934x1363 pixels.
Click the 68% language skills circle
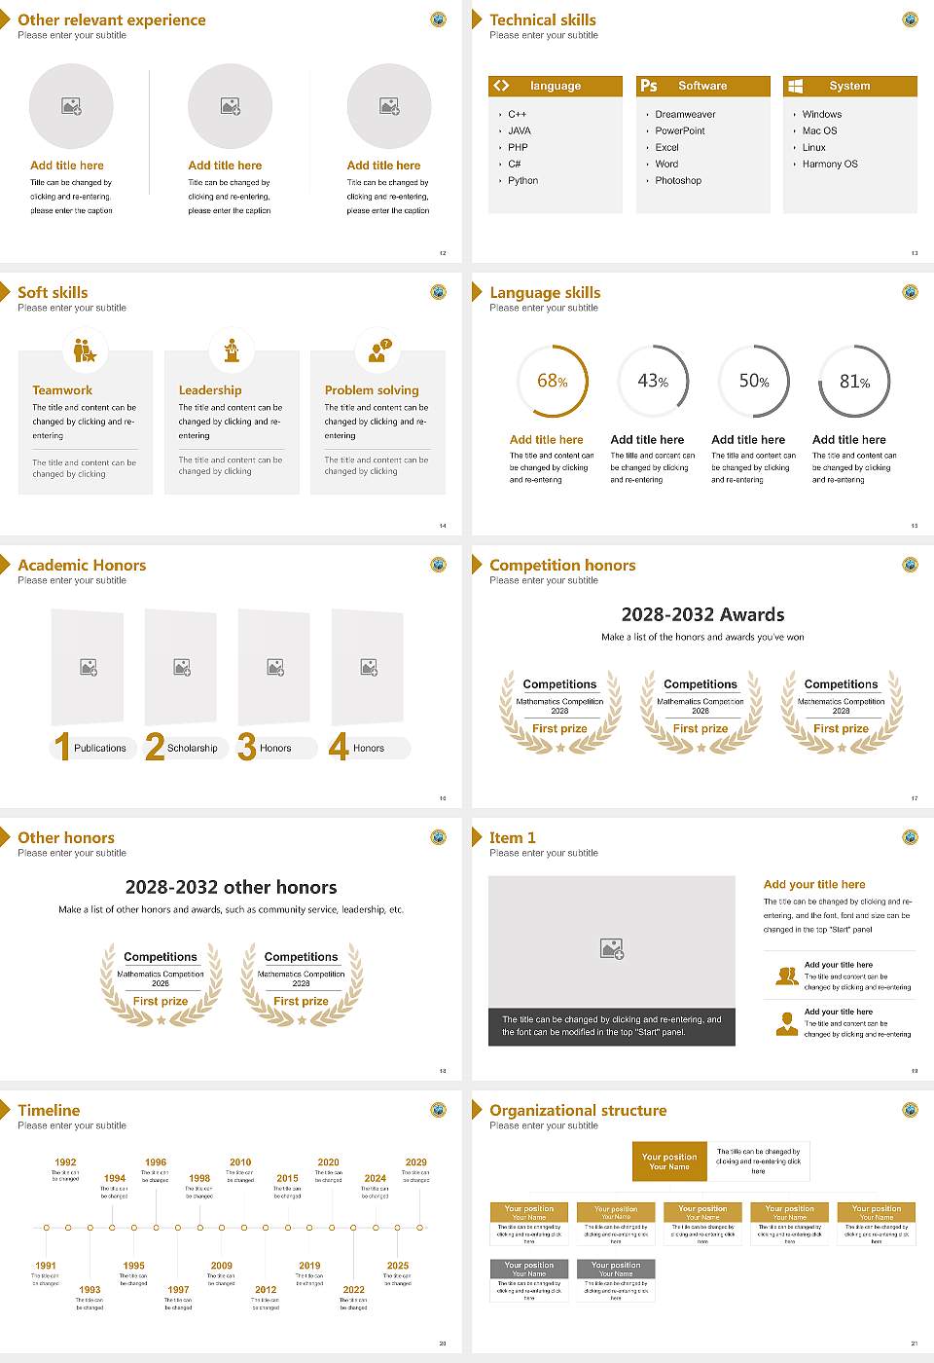pyautogui.click(x=552, y=382)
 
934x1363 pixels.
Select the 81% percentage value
pyautogui.click(x=854, y=382)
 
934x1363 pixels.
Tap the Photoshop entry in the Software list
pyautogui.click(x=678, y=181)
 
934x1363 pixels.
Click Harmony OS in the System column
pyautogui.click(x=830, y=165)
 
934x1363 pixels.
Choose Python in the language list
pyautogui.click(x=522, y=181)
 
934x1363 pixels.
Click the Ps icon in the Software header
pyautogui.click(x=649, y=86)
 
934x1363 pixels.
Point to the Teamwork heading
pyautogui.click(x=62, y=390)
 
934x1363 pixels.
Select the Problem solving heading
pyautogui.click(x=372, y=390)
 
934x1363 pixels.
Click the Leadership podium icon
pyautogui.click(x=232, y=350)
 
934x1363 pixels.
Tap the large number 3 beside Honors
pyautogui.click(x=247, y=747)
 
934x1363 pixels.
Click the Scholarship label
pyautogui.click(x=192, y=749)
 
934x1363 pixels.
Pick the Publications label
pyautogui.click(x=100, y=749)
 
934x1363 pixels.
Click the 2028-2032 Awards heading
pyautogui.click(x=702, y=614)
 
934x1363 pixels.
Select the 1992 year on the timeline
pyautogui.click(x=65, y=1162)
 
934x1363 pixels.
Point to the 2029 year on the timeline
pyautogui.click(x=415, y=1162)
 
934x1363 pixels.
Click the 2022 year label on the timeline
pyautogui.click(x=353, y=1290)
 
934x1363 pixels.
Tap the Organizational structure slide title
pyautogui.click(x=578, y=1111)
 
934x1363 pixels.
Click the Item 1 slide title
pyautogui.click(x=512, y=838)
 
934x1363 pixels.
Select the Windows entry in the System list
pyautogui.click(x=822, y=115)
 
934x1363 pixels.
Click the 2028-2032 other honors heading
pyautogui.click(x=231, y=887)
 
